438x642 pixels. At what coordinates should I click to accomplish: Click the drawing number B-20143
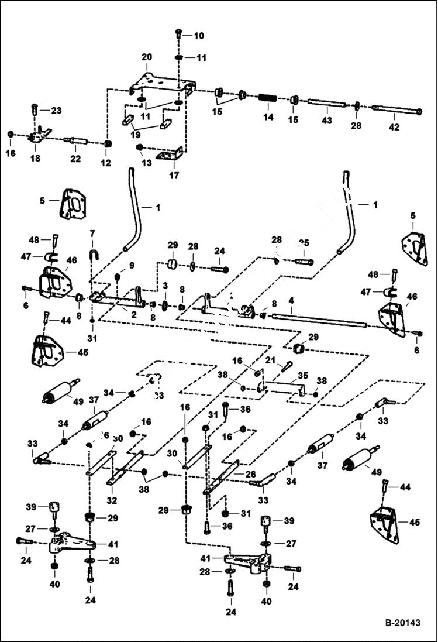tap(402, 623)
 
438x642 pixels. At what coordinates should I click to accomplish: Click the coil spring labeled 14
tap(268, 98)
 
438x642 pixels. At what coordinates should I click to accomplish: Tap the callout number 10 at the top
tap(199, 36)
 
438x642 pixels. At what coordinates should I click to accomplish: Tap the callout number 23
tap(56, 111)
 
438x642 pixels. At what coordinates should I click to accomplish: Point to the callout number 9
tap(132, 265)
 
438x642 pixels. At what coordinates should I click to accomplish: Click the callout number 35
tap(302, 376)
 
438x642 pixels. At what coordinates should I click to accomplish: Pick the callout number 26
tap(250, 475)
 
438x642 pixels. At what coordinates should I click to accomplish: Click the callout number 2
tap(134, 314)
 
